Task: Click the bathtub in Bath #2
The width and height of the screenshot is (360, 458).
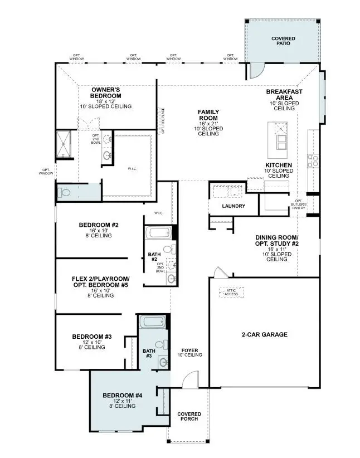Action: tap(158, 232)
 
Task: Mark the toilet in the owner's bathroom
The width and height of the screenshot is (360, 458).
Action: tap(63, 193)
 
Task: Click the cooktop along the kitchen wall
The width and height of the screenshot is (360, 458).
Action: tap(313, 161)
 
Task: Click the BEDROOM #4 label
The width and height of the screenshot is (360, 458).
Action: tap(123, 395)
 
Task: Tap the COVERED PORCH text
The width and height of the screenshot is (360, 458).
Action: tap(189, 417)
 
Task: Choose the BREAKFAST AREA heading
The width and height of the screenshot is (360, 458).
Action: tap(284, 94)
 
